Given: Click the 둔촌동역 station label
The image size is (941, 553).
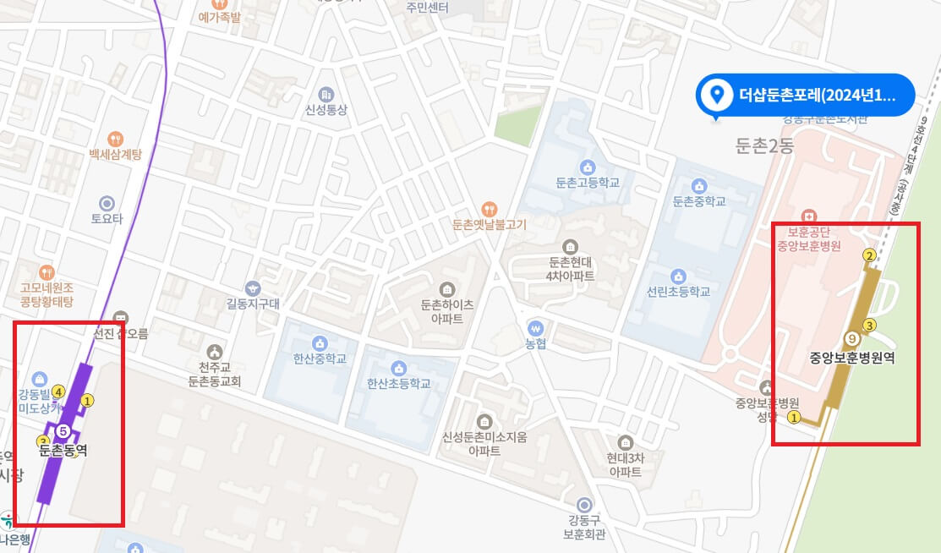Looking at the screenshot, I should click(x=63, y=451).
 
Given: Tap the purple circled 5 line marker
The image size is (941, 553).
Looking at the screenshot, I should click(x=62, y=432).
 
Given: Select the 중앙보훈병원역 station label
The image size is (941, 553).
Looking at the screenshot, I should click(x=851, y=357).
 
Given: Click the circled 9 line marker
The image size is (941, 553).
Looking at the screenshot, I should click(x=852, y=338).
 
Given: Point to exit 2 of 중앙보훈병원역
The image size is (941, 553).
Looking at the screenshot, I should click(x=868, y=255).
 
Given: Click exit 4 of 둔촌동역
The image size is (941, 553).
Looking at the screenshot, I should click(x=58, y=391).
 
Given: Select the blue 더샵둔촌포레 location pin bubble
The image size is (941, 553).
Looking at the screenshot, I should click(x=804, y=95).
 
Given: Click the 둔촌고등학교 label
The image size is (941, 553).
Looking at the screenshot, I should click(x=588, y=182).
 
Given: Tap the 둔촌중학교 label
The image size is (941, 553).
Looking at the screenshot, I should click(x=699, y=201).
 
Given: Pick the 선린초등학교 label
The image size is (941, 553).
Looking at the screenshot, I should click(x=678, y=292).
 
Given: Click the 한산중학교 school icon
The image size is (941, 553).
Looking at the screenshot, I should click(x=320, y=342).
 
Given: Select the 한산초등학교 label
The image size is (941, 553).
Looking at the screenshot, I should click(x=399, y=383).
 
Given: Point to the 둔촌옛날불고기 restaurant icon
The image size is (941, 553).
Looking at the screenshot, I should click(x=489, y=209).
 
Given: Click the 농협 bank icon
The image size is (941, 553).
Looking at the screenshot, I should click(x=534, y=327).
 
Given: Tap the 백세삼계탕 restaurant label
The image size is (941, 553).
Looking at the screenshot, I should click(x=116, y=155).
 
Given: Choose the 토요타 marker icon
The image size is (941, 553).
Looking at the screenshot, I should click(x=107, y=203).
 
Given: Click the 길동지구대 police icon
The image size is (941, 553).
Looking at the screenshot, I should click(x=253, y=288).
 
